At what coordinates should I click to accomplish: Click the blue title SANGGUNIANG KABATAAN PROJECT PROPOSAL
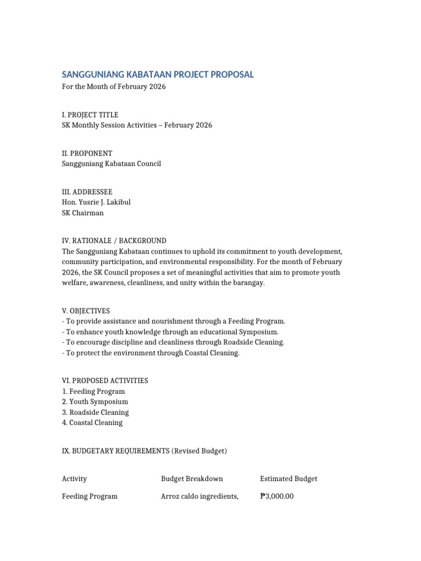pyautogui.click(x=158, y=75)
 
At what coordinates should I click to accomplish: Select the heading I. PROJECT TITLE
pyautogui.click(x=90, y=115)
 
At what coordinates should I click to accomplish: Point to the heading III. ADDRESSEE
pyautogui.click(x=87, y=192)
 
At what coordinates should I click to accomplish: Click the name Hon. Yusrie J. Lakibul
pyautogui.click(x=96, y=202)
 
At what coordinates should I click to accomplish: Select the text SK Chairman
pyautogui.click(x=83, y=213)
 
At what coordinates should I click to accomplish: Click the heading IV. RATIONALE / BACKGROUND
pyautogui.click(x=114, y=241)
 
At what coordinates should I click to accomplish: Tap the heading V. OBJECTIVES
pyautogui.click(x=87, y=311)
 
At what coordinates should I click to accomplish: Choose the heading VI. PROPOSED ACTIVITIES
pyautogui.click(x=105, y=381)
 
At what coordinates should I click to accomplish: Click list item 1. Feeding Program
pyautogui.click(x=94, y=391)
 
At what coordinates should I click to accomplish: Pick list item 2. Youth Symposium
pyautogui.click(x=95, y=402)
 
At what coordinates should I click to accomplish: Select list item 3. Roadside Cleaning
pyautogui.click(x=96, y=412)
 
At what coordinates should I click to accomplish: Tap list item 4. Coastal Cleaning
pyautogui.click(x=93, y=422)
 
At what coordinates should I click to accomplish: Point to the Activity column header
pyautogui.click(x=75, y=479)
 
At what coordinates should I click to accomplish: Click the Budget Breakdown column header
pyautogui.click(x=192, y=479)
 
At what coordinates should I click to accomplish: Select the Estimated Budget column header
pyautogui.click(x=289, y=479)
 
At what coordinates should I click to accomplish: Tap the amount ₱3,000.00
pyautogui.click(x=277, y=496)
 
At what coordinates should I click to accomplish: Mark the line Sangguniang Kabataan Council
pyautogui.click(x=111, y=164)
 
